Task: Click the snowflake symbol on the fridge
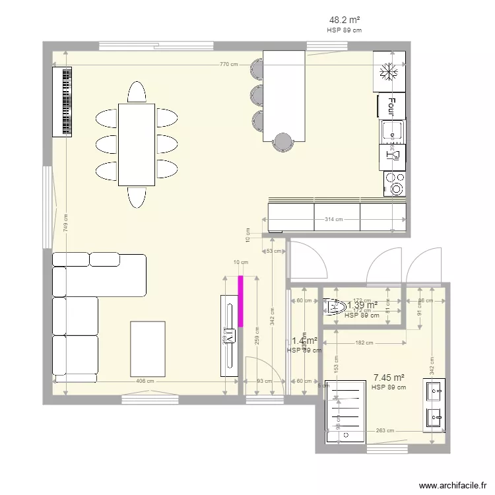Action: (x=389, y=71)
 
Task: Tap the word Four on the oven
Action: (x=391, y=105)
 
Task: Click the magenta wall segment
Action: (x=241, y=301)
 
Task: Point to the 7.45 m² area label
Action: (x=389, y=378)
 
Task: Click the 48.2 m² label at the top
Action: (x=344, y=20)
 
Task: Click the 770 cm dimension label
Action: (x=228, y=65)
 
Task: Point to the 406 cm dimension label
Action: (x=145, y=381)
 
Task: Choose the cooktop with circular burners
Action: (x=396, y=183)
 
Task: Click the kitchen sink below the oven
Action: (x=394, y=131)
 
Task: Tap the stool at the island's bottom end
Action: (x=282, y=142)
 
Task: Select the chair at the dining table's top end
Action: (x=137, y=92)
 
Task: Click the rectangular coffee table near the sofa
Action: (x=147, y=348)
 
